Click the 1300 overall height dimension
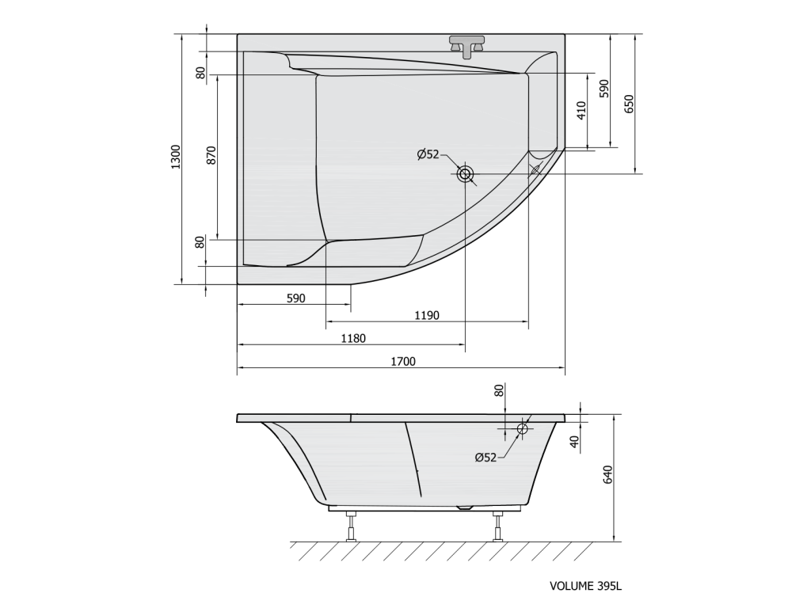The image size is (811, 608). [x=176, y=158]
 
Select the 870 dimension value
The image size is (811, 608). [x=211, y=156]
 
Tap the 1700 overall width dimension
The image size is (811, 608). [x=403, y=361]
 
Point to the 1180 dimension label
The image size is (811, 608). [x=353, y=339]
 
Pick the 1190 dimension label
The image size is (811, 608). [x=427, y=315]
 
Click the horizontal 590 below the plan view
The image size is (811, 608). [x=296, y=298]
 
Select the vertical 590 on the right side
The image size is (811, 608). [x=604, y=89]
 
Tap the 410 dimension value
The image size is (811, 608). [x=581, y=111]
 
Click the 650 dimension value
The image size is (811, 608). [x=629, y=104]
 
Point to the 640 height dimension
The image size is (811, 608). [x=607, y=475]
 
